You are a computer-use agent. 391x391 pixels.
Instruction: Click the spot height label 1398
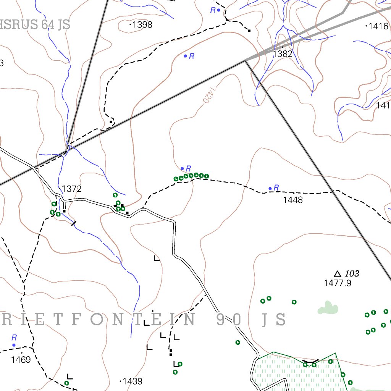click(142, 25)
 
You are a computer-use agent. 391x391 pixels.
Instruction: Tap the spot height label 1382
click(283, 54)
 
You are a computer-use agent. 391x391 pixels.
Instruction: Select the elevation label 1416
click(379, 26)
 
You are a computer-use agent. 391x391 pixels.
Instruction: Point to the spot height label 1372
click(72, 189)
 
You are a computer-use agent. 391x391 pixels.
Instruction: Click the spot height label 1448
click(293, 200)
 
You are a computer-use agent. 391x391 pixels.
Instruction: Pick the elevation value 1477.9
click(338, 283)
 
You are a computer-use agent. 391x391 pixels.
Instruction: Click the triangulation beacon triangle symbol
click(337, 274)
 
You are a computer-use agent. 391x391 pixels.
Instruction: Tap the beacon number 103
click(352, 273)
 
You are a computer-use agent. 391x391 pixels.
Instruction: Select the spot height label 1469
click(21, 359)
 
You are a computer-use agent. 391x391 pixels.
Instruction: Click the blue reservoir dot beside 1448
click(270, 188)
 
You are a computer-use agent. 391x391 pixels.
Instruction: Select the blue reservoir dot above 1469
click(14, 345)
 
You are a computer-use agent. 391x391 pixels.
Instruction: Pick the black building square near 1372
click(65, 211)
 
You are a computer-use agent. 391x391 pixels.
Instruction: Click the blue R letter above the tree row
click(188, 168)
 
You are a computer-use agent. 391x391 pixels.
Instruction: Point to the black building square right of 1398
click(249, 31)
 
